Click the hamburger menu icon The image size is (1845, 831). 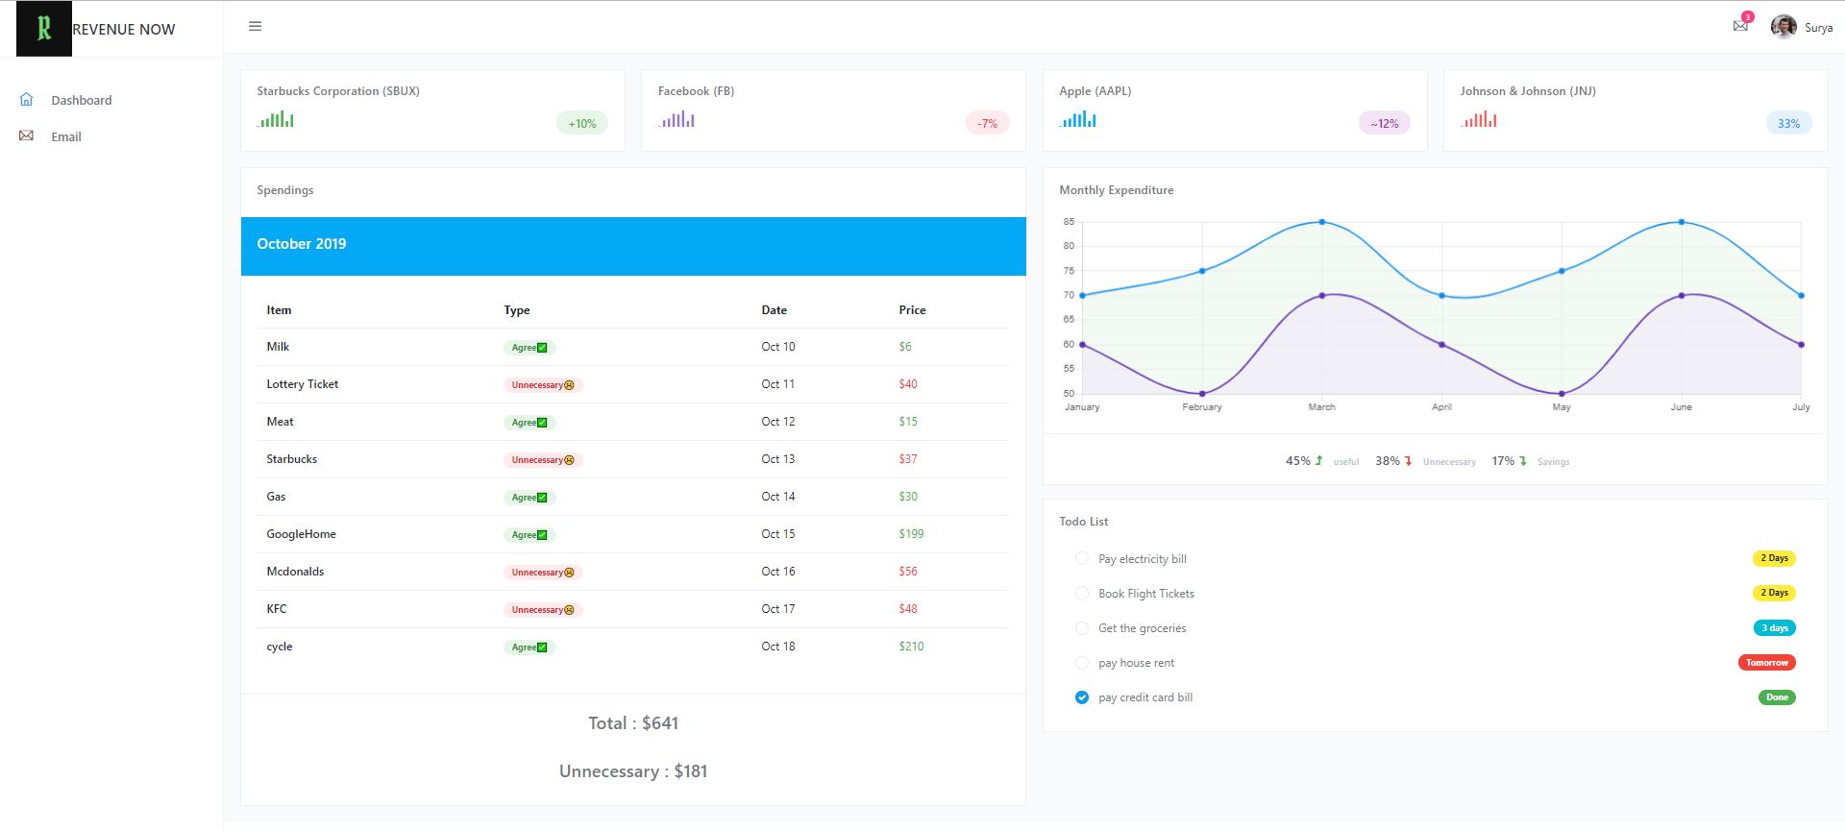[255, 27]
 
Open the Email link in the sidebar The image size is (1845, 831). [65, 136]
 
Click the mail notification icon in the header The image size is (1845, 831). [1740, 26]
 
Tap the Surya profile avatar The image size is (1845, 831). [1783, 27]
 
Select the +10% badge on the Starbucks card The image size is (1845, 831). [581, 123]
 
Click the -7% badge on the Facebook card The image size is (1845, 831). [987, 123]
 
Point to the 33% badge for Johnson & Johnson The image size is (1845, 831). [1788, 123]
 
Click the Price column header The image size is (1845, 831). [912, 310]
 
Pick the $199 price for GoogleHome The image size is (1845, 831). [911, 534]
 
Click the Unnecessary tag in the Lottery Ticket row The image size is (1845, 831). [543, 385]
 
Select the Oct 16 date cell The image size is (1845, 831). [778, 572]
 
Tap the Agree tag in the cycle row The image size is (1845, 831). [529, 648]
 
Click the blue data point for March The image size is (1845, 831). [1322, 222]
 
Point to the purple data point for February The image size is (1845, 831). [1202, 394]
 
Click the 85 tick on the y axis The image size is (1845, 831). [1069, 222]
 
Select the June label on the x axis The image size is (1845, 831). [1681, 407]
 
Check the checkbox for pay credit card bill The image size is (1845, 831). [1082, 697]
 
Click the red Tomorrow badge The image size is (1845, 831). [1766, 663]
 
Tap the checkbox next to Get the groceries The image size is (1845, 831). [1082, 628]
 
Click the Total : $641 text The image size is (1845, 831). [633, 723]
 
